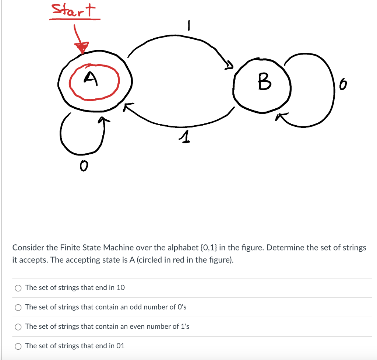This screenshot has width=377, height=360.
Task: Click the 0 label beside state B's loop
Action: [x=343, y=86]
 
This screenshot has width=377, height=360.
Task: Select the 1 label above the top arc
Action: [x=188, y=26]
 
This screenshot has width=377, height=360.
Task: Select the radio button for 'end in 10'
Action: [x=18, y=288]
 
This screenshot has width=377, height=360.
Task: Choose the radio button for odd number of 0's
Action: [x=18, y=307]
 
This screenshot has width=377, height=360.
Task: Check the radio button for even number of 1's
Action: [x=18, y=327]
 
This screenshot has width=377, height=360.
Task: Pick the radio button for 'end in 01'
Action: [x=18, y=346]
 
